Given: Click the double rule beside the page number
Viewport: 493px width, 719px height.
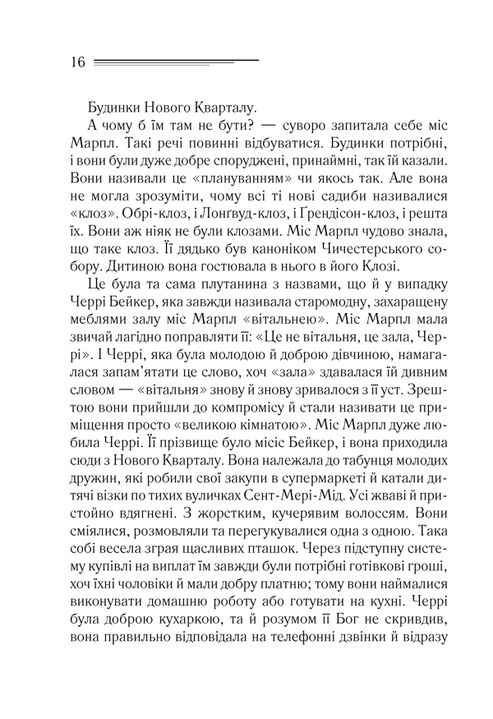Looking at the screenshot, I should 176,62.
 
